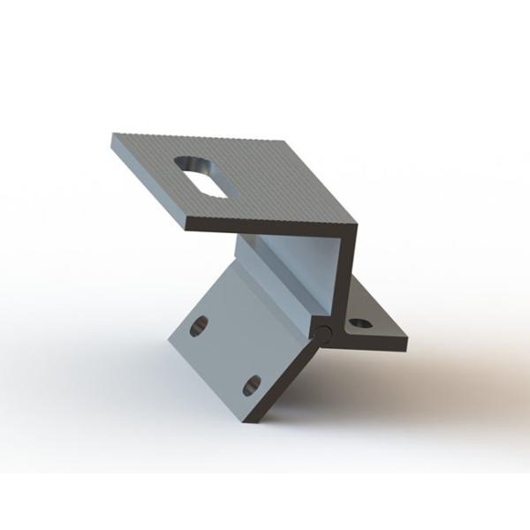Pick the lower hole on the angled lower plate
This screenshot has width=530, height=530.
click(251, 384)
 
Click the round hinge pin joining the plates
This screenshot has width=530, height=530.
click(326, 335)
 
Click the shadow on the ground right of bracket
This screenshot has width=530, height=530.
click(442, 371)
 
